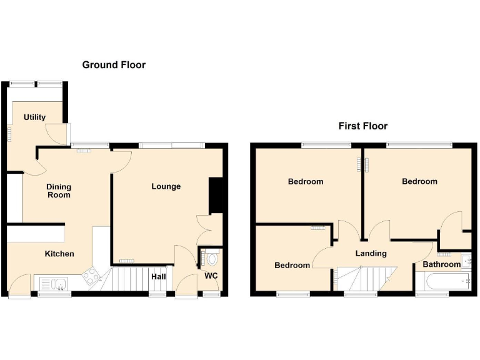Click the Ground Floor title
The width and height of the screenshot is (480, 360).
pos(114,64)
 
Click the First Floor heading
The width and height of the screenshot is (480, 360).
pos(362,126)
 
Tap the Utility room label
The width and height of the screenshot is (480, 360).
pos(34,117)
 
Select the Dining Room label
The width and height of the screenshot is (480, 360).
pos(59,191)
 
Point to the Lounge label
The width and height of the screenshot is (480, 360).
pos(166,186)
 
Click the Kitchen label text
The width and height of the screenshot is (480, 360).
pos(59,254)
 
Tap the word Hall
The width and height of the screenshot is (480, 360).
pos(158,276)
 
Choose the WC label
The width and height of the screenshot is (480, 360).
pos(211,276)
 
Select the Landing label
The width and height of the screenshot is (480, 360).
pos(371,253)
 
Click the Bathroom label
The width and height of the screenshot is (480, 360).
pos(441,264)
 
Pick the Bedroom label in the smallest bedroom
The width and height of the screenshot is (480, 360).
pos(292,265)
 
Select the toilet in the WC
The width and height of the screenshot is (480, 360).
pos(211,257)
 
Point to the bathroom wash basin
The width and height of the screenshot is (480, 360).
pos(466,260)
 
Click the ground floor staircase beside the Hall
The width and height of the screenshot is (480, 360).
pos(129,279)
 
